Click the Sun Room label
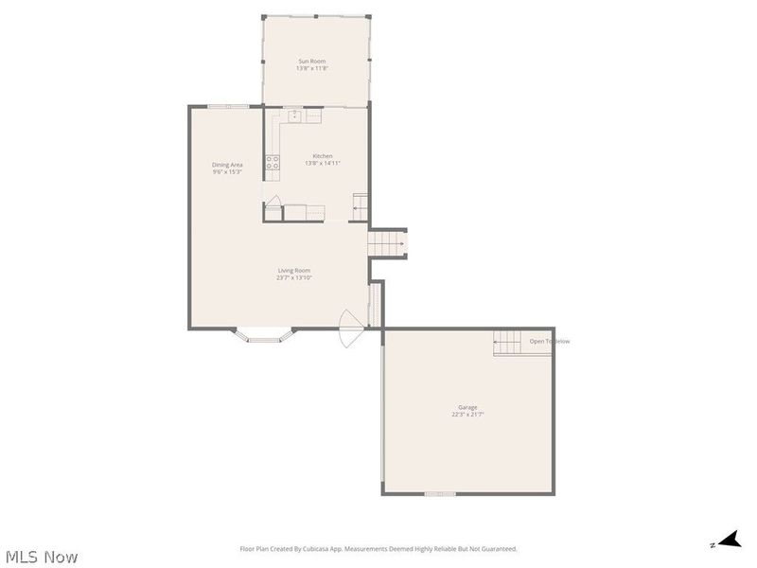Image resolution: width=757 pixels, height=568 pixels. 311,62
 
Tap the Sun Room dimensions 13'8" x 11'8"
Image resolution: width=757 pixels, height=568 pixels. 311,68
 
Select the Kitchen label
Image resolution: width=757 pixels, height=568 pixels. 323,156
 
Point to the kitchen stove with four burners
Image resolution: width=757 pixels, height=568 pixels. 273,163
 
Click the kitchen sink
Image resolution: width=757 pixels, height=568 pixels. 295,115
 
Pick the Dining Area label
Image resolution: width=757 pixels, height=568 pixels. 227,165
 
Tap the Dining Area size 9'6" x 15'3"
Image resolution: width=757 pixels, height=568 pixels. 227,171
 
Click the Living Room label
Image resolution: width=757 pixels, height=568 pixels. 293,271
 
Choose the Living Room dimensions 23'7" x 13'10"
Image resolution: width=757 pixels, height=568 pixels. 293,277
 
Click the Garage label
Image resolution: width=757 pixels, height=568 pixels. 469,408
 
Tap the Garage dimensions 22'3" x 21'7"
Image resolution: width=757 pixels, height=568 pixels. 469,415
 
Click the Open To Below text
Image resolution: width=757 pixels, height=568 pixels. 550,342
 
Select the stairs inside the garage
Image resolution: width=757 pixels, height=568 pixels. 507,344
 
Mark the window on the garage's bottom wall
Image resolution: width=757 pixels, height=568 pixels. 440,493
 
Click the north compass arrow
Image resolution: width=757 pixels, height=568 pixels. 727,541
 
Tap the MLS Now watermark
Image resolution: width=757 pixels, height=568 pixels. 42,557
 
